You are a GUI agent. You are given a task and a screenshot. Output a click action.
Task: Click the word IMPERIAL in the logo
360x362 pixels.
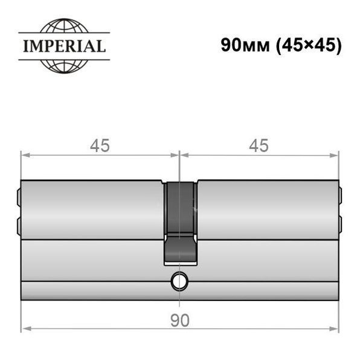65,46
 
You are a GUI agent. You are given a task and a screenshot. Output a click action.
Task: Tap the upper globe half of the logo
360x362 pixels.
64,25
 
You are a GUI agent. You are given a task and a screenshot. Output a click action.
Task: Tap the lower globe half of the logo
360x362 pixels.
64,67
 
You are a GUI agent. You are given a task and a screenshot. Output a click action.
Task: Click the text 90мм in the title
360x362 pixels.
245,45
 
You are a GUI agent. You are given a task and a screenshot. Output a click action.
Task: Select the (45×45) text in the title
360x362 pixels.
309,45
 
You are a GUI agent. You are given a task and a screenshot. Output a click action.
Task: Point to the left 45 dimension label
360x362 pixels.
100,145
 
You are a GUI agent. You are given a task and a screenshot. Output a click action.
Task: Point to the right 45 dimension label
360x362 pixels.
259,145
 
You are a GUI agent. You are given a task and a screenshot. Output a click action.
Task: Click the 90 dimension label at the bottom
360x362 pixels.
180,320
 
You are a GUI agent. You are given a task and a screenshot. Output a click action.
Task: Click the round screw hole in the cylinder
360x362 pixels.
179,281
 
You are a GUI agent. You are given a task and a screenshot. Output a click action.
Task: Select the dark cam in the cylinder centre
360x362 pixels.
180,223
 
